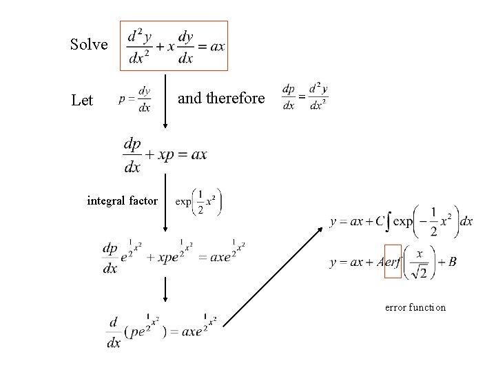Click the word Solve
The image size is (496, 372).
click(x=89, y=45)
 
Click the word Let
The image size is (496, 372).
click(x=82, y=101)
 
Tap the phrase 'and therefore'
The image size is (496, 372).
click(x=221, y=99)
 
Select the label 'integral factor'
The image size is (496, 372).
click(x=123, y=201)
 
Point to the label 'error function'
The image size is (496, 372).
click(x=415, y=307)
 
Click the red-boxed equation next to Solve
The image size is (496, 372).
click(x=174, y=46)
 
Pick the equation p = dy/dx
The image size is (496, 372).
click(x=134, y=99)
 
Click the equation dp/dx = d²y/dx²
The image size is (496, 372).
click(x=305, y=97)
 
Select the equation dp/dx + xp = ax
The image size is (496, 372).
click(x=165, y=154)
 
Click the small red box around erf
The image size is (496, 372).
click(x=393, y=261)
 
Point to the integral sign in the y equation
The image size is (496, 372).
click(x=389, y=221)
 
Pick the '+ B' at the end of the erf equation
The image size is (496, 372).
click(x=447, y=262)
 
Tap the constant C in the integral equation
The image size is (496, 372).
click(x=379, y=221)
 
